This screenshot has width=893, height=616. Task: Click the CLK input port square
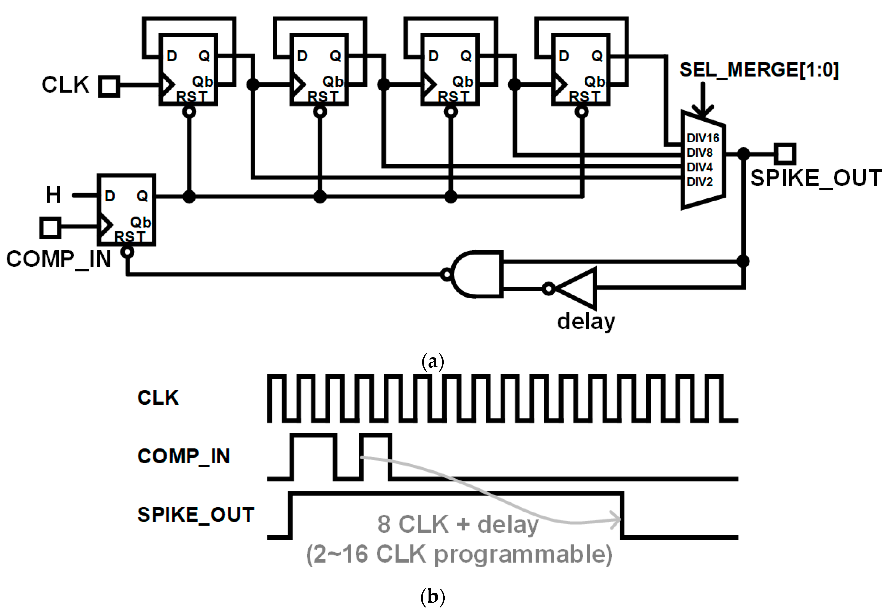[109, 86]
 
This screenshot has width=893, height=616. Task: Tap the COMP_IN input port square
[50, 227]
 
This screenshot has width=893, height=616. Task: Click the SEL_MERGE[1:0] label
[759, 70]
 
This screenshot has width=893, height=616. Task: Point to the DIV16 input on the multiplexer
[702, 138]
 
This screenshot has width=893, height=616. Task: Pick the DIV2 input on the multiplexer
[699, 181]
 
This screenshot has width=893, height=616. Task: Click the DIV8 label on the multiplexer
[699, 153]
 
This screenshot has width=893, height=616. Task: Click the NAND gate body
[479, 274]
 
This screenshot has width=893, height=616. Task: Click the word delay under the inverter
[586, 321]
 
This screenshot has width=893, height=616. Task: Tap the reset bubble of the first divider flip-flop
[189, 112]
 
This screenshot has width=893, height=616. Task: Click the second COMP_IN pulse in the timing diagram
[376, 456]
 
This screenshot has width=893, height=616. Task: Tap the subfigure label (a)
[433, 362]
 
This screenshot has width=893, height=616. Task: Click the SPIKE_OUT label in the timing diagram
[196, 515]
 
